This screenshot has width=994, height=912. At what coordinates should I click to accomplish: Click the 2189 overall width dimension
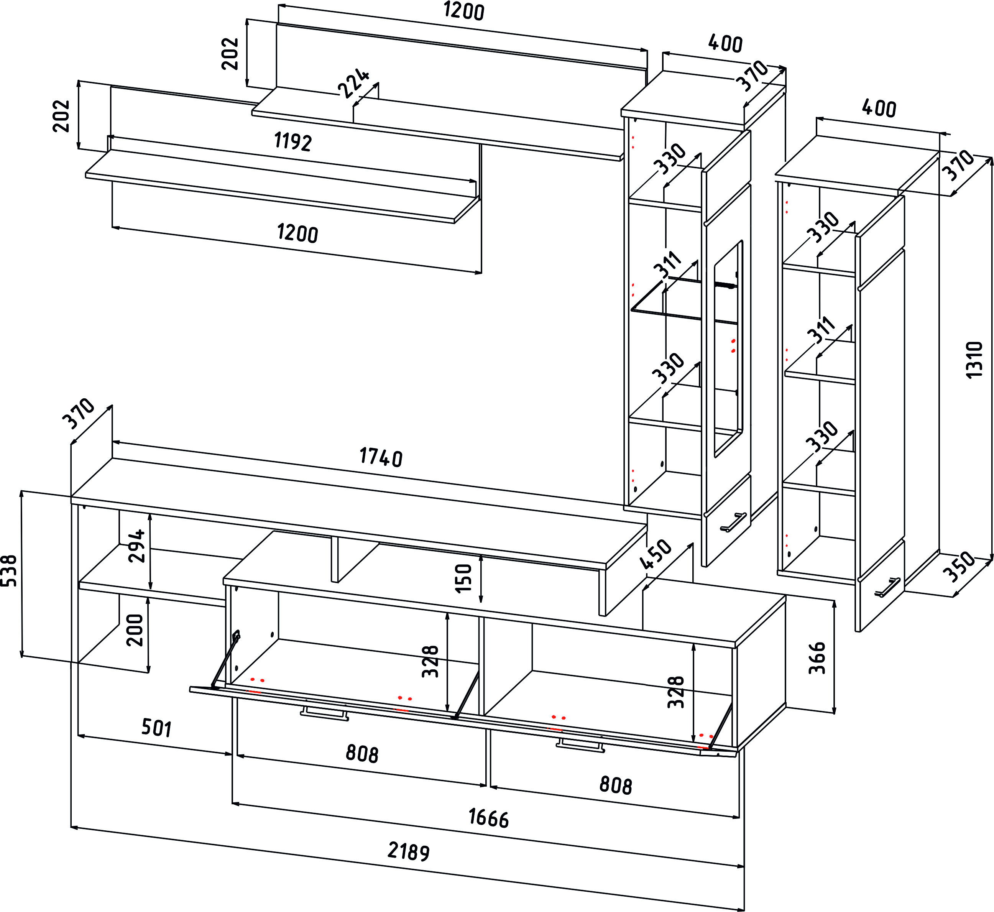click(409, 851)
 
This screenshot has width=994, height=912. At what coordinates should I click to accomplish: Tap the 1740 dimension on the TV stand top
click(381, 457)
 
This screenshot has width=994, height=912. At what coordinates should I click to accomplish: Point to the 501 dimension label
click(156, 728)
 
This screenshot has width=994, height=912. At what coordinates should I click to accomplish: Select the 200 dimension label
click(135, 630)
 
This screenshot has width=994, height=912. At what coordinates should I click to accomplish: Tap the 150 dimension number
click(464, 578)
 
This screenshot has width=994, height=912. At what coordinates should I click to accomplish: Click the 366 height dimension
click(817, 658)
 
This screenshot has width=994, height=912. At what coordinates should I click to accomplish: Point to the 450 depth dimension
click(656, 554)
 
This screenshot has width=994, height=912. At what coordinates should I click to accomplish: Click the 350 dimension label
click(959, 567)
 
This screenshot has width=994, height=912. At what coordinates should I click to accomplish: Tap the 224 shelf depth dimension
click(353, 83)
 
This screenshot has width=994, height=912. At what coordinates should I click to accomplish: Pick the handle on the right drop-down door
click(580, 746)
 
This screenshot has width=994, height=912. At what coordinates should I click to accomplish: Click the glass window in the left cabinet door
click(728, 349)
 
